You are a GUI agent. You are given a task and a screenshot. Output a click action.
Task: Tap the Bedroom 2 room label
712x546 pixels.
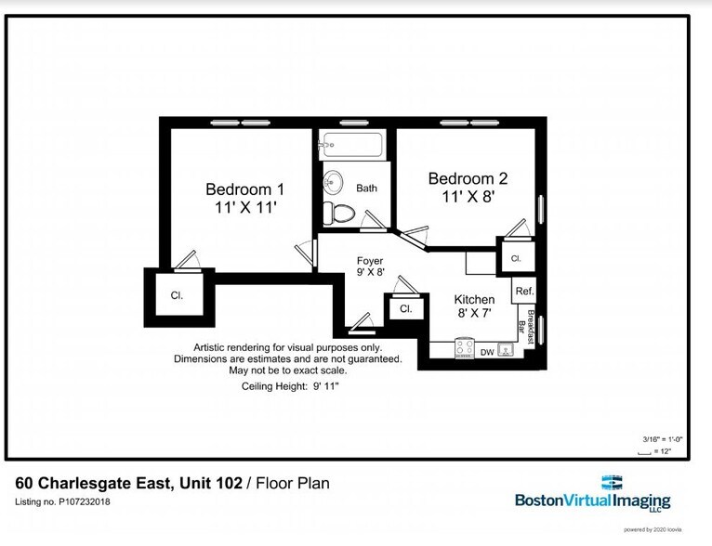point(467,178)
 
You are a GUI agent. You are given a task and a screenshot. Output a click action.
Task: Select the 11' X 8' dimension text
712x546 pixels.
point(467,198)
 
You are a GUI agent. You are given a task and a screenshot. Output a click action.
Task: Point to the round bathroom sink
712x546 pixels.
point(334,181)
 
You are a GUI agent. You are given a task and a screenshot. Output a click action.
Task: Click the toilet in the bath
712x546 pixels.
point(341,212)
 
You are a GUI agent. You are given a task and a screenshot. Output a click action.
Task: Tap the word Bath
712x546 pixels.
point(366,188)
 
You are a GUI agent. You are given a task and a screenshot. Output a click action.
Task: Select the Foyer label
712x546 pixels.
point(370,261)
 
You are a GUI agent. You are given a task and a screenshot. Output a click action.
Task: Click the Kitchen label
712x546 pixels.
point(474,300)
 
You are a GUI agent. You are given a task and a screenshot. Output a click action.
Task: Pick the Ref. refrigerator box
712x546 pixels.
point(523,291)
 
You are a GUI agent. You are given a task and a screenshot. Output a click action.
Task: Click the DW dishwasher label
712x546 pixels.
point(486,352)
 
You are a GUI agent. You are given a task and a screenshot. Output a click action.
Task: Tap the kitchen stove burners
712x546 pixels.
point(462,350)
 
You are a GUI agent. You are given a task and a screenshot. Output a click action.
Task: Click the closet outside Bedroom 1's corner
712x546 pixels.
point(177,295)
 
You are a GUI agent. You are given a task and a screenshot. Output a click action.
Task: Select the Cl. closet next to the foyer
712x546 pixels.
point(405,309)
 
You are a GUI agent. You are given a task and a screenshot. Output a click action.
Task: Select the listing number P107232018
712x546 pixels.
point(62,502)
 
